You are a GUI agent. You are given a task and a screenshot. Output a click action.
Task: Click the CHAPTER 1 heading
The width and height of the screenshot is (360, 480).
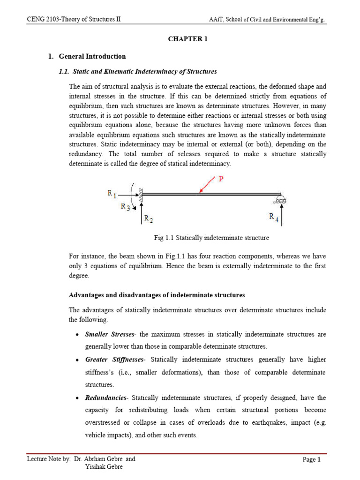pos(187,39)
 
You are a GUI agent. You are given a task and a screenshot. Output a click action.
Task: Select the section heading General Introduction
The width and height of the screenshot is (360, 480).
pos(92,56)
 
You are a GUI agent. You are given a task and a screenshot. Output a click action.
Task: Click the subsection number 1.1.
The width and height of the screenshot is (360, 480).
pos(64,71)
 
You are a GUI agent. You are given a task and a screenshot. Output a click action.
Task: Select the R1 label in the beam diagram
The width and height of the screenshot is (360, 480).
pos(112,193)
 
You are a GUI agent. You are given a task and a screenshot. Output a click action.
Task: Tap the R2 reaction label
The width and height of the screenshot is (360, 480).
pos(148,218)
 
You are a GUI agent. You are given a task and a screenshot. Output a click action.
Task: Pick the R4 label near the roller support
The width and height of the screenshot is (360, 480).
pos(273,217)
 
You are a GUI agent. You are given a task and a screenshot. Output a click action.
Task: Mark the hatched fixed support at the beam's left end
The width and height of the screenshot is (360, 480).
pos(140,194)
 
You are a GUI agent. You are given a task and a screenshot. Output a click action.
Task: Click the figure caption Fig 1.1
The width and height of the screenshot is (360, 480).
pos(211,238)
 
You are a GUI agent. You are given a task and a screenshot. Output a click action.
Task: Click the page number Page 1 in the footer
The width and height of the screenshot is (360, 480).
pos(311,460)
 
